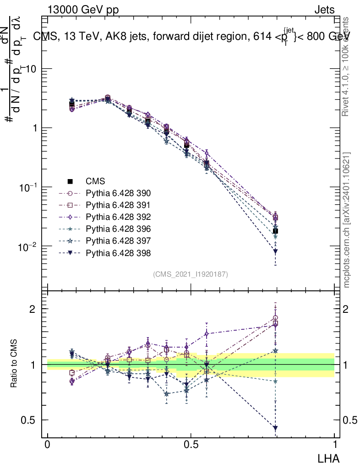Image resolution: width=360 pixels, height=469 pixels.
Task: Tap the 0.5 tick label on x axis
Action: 191,445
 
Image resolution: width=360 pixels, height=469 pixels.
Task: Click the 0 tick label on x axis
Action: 48,445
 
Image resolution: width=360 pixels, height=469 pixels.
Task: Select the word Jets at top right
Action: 324,10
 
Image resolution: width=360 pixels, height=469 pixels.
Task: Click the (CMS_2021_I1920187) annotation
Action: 191,274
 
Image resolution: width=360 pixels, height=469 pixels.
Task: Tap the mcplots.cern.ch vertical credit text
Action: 347,220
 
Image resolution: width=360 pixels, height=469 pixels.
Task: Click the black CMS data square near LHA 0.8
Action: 275,231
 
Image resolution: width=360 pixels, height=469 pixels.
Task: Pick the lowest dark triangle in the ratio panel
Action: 275,428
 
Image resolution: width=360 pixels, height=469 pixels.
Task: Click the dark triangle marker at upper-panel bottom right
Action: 275,251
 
